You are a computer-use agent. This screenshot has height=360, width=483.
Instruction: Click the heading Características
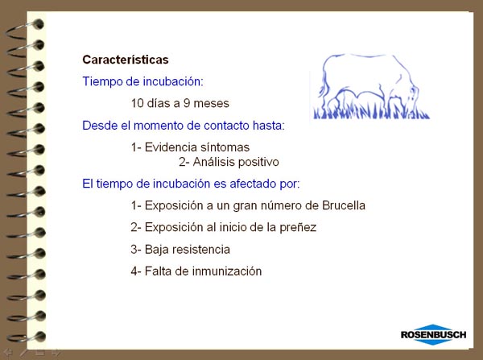pos(126,60)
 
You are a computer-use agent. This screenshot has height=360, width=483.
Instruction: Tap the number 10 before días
pos(138,103)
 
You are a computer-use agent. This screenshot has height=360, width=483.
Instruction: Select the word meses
pos(211,103)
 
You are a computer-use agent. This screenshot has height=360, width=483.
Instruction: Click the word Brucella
pos(344,205)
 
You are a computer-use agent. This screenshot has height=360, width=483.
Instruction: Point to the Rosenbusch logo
pos(433,334)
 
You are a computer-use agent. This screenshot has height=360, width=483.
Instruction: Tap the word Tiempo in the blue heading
pos(102,81)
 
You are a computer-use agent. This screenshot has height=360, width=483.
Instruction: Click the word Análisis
pos(212,162)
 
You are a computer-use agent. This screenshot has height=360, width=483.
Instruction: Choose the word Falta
pos(158,271)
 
